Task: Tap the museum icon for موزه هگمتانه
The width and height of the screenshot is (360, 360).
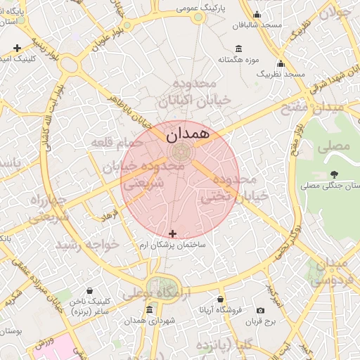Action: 239,49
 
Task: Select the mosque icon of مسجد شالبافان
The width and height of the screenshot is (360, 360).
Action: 257,15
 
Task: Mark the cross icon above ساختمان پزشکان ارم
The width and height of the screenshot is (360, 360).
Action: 173,233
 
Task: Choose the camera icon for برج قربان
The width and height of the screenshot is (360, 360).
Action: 261,311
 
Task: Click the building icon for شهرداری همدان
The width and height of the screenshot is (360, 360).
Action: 148,310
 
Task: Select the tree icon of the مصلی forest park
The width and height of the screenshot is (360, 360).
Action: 333,174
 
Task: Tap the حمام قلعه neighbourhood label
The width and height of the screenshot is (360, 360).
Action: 116,143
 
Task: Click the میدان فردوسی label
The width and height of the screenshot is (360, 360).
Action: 329,272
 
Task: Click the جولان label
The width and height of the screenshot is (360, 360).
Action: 334,12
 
